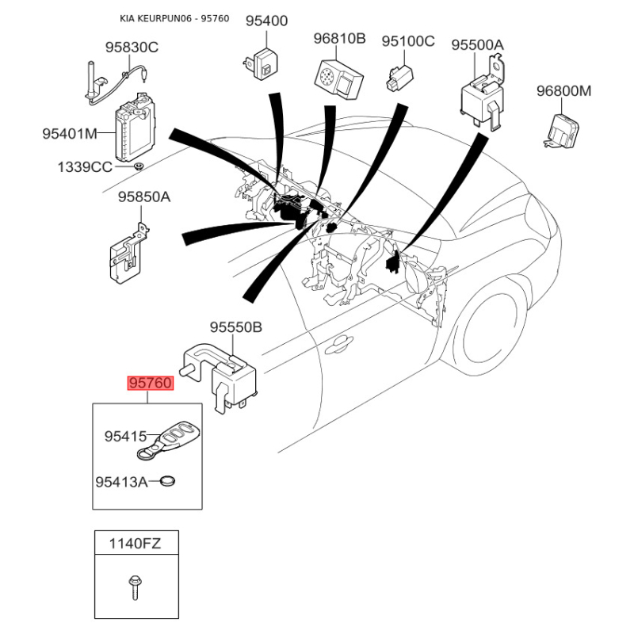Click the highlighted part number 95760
pyautogui.click(x=151, y=384)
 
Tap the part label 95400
pyautogui.click(x=266, y=21)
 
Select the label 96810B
pyautogui.click(x=338, y=39)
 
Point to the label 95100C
pyautogui.click(x=408, y=40)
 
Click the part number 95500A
pyautogui.click(x=477, y=45)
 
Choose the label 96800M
pyautogui.click(x=563, y=91)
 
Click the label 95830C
pyautogui.click(x=132, y=48)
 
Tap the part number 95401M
pyautogui.click(x=70, y=134)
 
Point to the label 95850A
pyautogui.click(x=144, y=197)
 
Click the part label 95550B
pyautogui.click(x=235, y=327)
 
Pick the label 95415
pyautogui.click(x=126, y=436)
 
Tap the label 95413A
pyautogui.click(x=121, y=481)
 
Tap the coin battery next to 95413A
pyautogui.click(x=167, y=480)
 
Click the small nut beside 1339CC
pyautogui.click(x=137, y=166)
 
